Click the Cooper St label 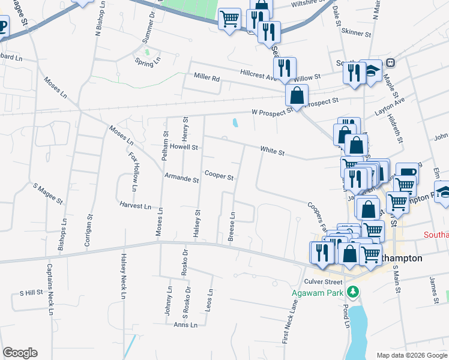click(x=218, y=176)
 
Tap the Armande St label click(x=181, y=179)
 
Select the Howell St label click(x=183, y=147)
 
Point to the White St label click(x=272, y=152)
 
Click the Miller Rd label click(x=206, y=78)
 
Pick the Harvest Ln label click(x=135, y=206)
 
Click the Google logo click(x=20, y=353)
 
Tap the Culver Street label click(x=324, y=281)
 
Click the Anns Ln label click(x=185, y=325)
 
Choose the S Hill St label click(x=31, y=293)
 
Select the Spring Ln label click(x=148, y=61)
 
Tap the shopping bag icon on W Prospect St click(x=297, y=95)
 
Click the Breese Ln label click(x=231, y=226)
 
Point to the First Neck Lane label click(x=290, y=321)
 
